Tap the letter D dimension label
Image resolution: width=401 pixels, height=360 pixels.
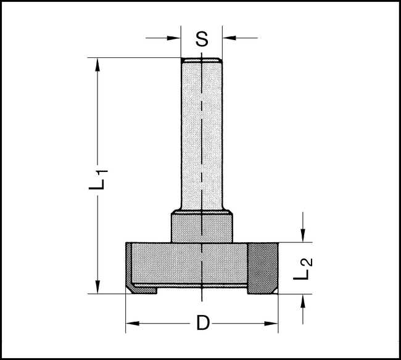(202, 322)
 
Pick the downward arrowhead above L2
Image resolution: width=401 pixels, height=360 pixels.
(302, 237)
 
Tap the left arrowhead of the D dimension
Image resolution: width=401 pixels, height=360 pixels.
(131, 322)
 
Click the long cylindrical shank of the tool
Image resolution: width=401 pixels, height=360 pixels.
(201, 136)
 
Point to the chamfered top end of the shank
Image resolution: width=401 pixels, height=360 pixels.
(201, 61)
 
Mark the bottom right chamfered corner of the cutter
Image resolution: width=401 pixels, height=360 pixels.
(272, 288)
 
